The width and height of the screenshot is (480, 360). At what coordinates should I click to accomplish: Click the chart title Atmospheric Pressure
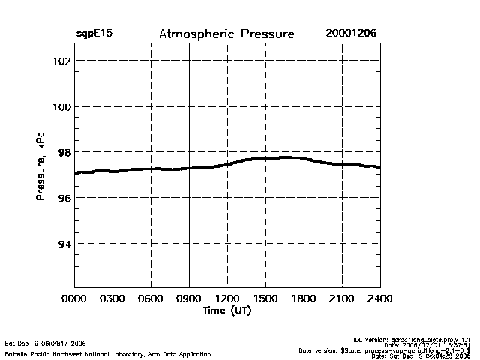[226, 34]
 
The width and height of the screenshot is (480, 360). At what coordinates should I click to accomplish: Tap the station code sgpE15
[94, 34]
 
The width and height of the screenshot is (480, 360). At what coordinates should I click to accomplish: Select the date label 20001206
[351, 34]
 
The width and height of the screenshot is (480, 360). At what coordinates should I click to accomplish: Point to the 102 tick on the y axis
[61, 61]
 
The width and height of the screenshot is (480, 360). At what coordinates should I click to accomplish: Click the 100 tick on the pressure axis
[61, 106]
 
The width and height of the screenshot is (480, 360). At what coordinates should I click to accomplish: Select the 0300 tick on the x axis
[113, 298]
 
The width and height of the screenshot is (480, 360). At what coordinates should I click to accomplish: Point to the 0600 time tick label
[151, 298]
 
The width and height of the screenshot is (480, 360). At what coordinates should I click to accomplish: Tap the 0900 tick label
[190, 298]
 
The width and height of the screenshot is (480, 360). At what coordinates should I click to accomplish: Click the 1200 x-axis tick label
[227, 298]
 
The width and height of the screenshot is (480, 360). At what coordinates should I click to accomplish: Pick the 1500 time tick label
[265, 298]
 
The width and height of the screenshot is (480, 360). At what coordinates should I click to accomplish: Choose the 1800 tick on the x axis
[304, 298]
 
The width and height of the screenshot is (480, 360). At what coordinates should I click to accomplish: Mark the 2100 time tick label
[342, 298]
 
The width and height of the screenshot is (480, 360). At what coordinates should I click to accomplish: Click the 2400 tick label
[379, 298]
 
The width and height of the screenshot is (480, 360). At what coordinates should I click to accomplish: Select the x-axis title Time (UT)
[226, 310]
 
